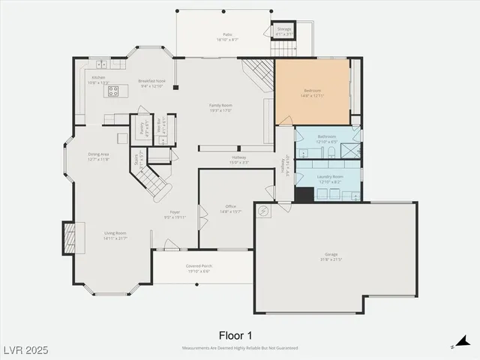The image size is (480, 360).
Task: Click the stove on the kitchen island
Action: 113,91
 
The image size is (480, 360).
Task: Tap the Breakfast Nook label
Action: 151,80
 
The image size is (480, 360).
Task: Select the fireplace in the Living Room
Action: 68,238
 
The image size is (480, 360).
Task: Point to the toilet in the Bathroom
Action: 331,152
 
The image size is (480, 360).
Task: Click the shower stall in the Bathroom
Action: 349,149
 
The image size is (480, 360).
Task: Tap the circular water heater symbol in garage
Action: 262,211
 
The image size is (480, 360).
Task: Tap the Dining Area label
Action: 99,155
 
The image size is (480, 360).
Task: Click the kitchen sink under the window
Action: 98,64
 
